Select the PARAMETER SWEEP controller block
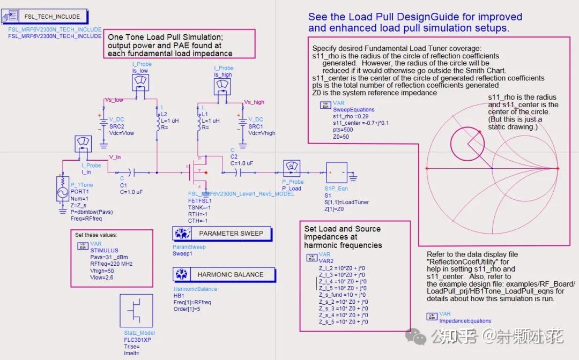222,234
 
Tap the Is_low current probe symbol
140,81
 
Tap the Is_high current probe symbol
223,87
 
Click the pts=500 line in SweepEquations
343,130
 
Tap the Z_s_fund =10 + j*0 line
343,295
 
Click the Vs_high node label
254,102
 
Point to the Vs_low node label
113,100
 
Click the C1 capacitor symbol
133,172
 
